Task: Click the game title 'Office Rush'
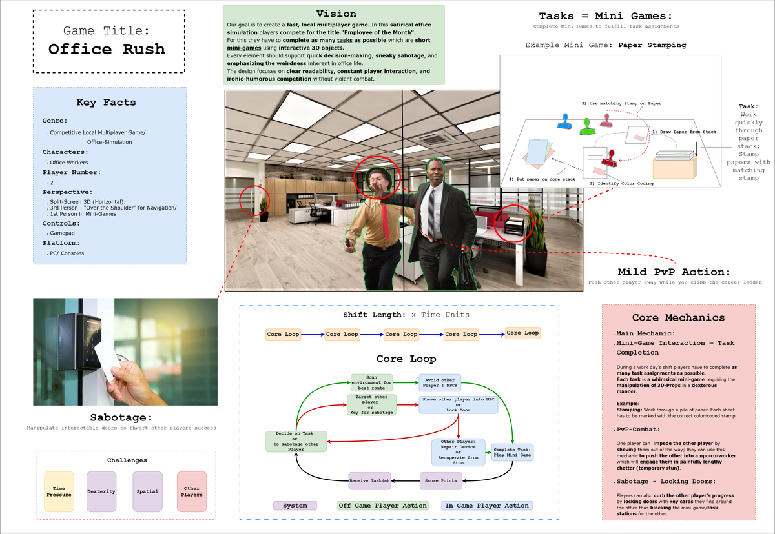coord(107,49)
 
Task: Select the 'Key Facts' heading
coord(106,102)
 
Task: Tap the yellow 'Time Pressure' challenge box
coord(59,491)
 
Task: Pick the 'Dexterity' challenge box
coord(101,491)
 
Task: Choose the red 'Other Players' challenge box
coord(192,491)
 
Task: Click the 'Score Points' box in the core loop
coord(440,480)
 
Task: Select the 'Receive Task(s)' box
coord(369,480)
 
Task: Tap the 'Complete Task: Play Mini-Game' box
coord(512,451)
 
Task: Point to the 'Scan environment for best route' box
coord(371,383)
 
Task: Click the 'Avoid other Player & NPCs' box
coord(440,383)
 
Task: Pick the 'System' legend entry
coord(295,506)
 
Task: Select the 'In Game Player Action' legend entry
coord(487,506)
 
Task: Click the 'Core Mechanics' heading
coord(678,317)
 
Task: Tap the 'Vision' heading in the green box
coord(336,14)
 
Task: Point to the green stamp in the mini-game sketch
coord(586,126)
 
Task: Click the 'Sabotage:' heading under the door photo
coord(123,417)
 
